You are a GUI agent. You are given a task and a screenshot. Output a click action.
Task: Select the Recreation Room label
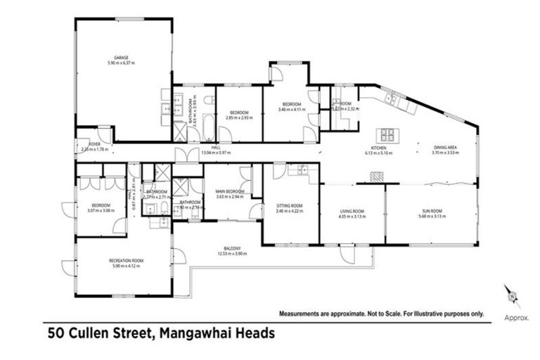point(126,260)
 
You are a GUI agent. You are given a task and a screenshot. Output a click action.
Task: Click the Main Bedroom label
point(230,191)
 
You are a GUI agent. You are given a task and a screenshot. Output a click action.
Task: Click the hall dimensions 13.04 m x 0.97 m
point(216,152)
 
